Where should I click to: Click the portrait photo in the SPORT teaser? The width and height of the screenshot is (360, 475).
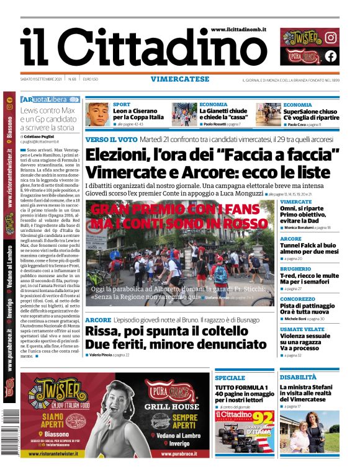click(98, 115)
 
